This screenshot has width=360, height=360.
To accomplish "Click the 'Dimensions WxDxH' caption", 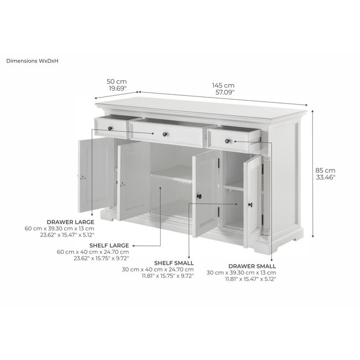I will (x=33, y=60).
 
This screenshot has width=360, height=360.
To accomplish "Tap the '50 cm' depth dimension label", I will (x=117, y=81).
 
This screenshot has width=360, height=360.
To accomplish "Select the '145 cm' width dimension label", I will (x=223, y=85).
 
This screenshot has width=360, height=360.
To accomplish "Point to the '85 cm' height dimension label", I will (x=326, y=171).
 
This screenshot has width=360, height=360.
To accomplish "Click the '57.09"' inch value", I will (x=223, y=92).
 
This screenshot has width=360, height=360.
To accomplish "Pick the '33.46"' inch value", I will (x=326, y=177).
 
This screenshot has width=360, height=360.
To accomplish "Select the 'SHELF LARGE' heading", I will (x=110, y=245).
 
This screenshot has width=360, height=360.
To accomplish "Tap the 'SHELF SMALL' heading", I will (x=175, y=263).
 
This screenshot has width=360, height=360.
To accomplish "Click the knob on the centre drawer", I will (x=164, y=133).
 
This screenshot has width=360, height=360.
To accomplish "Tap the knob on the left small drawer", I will (x=110, y=128).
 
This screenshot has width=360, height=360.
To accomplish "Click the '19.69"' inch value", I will (x=117, y=88).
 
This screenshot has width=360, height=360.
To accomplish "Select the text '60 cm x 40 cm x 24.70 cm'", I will (x=92, y=251).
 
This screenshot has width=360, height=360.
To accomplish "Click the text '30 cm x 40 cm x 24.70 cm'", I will (x=158, y=269).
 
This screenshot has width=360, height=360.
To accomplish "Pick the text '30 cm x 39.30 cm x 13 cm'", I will (x=241, y=273).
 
